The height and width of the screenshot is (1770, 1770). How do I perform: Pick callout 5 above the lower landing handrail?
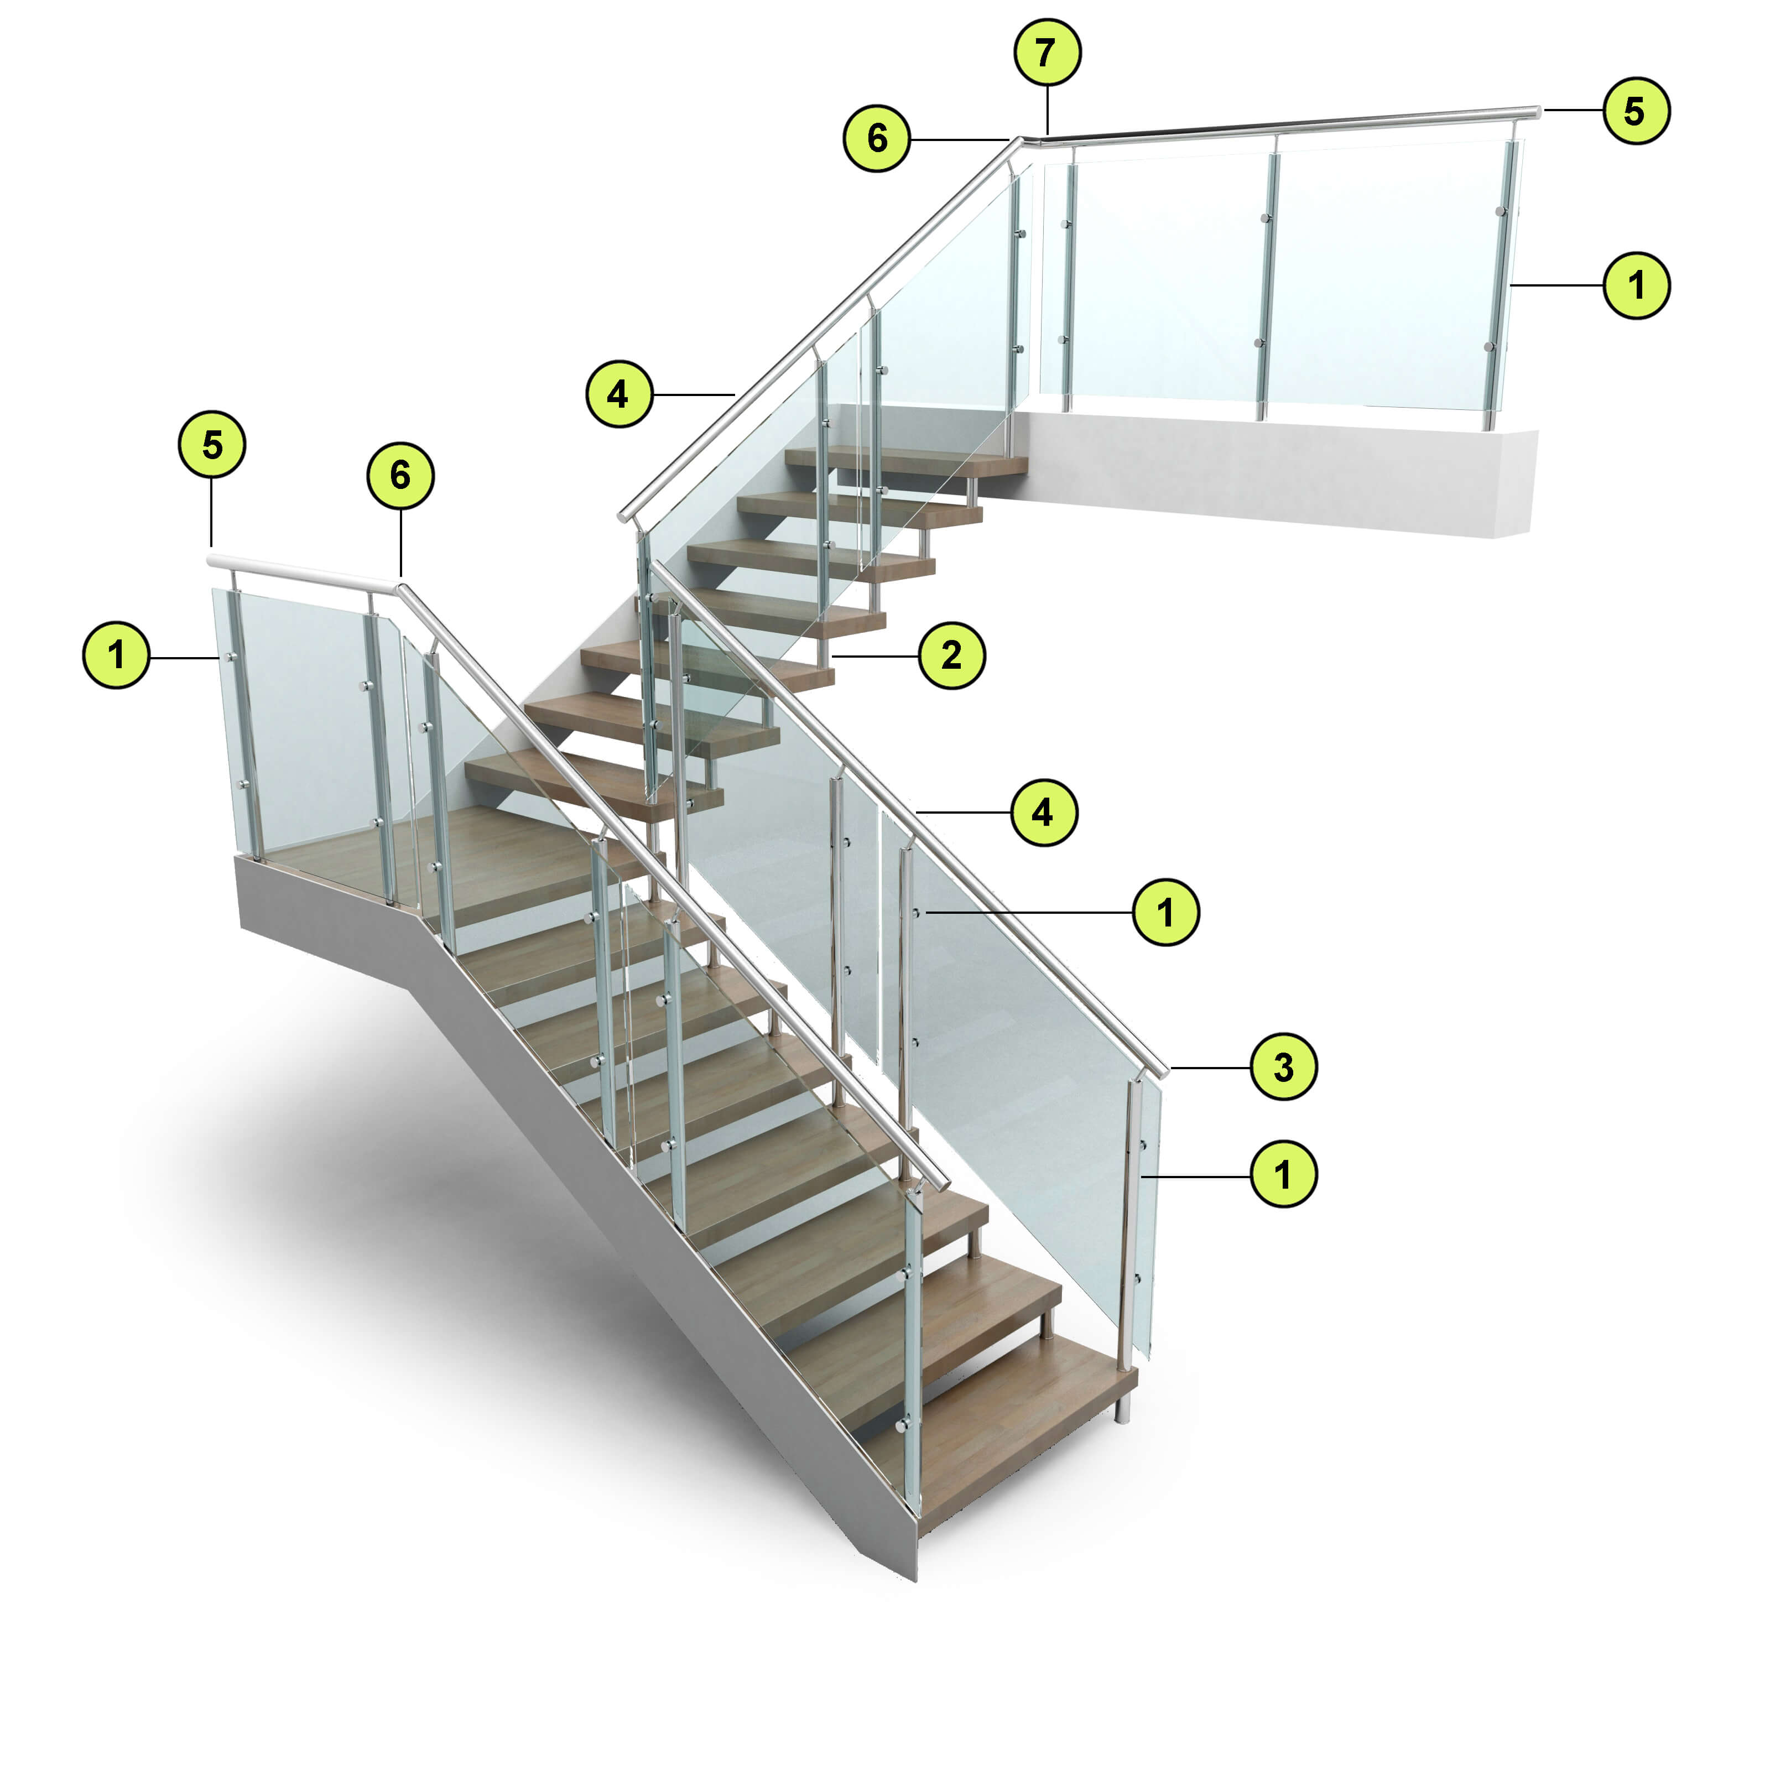(x=212, y=445)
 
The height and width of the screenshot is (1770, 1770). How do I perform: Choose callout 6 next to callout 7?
(x=877, y=138)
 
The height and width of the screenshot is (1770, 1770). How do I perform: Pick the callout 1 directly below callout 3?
(x=1283, y=1174)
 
